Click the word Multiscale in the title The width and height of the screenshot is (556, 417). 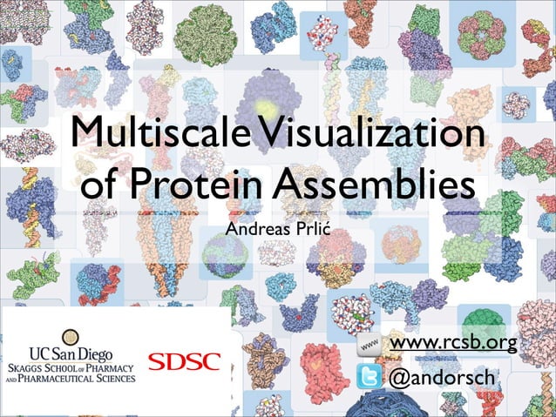point(142,136)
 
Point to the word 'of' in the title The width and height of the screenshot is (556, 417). point(103,187)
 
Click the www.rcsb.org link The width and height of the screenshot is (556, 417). point(452,346)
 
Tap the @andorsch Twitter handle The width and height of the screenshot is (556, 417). point(441,380)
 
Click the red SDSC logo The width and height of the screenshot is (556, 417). point(184,360)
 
